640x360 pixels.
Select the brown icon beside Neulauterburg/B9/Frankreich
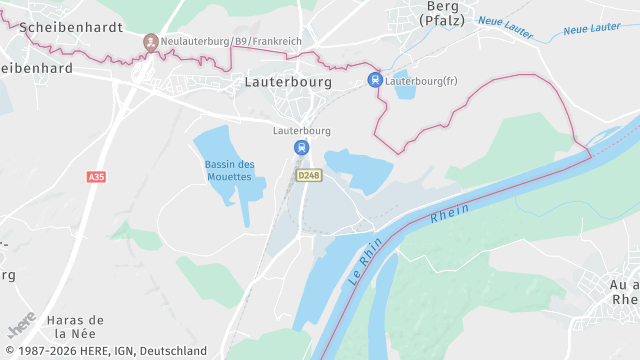tap(151, 41)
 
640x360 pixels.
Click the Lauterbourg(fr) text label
tap(421, 80)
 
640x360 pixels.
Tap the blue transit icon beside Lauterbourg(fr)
tap(375, 80)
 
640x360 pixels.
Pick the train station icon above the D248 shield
tap(301, 147)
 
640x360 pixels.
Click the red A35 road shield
tap(96, 177)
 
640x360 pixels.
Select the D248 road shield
tap(309, 175)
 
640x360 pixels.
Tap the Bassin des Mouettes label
tap(229, 170)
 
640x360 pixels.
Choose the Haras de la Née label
tap(75, 327)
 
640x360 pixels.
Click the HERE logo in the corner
tap(21, 325)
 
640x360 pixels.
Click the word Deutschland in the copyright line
tap(173, 351)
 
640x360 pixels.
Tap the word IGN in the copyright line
tap(122, 351)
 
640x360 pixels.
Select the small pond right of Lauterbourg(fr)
tap(404, 91)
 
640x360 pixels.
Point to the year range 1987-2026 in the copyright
tap(46, 351)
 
